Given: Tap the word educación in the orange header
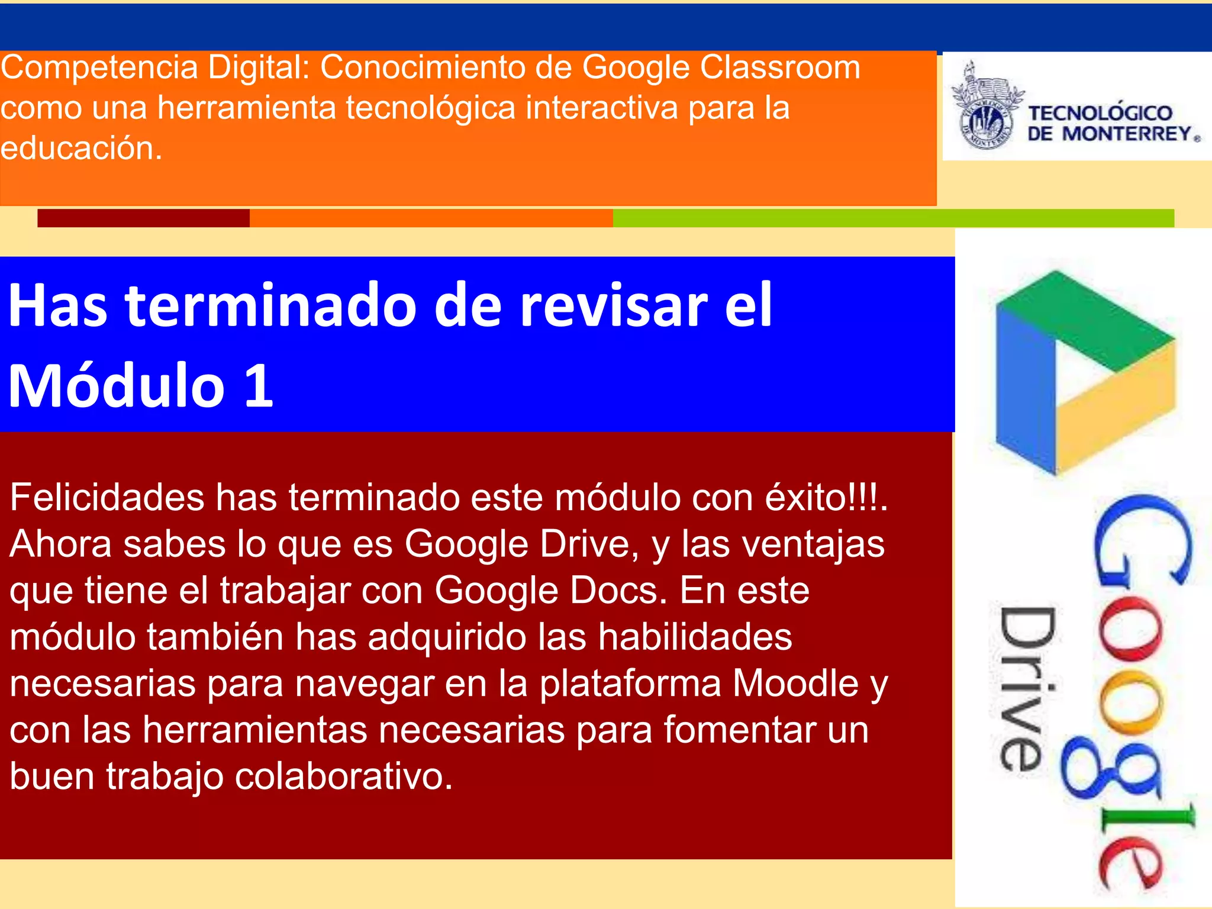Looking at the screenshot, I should point(81,148).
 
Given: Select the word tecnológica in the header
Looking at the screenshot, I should point(430,108).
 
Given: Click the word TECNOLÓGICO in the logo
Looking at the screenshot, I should point(1100,113).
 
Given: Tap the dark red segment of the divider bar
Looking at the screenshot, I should point(143,218).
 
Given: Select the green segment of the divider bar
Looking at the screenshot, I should point(894,218).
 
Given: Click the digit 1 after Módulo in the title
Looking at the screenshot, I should point(259,386).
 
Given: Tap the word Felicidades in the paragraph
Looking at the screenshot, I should point(107,497).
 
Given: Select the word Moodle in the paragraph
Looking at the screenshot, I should point(795,684).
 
